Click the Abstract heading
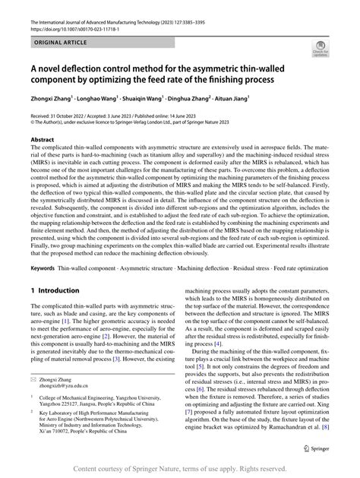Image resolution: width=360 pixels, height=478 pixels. point(42,141)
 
